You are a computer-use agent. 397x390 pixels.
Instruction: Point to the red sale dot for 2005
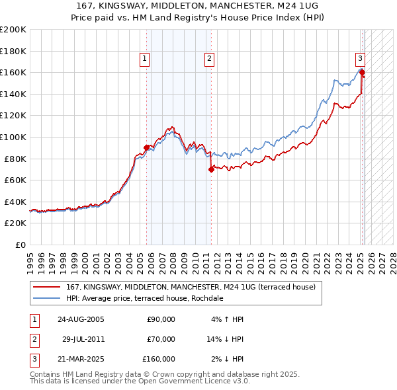tap(146, 147)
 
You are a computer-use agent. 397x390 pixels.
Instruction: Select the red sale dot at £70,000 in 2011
tap(211, 169)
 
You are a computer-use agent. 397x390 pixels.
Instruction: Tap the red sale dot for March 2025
tap(362, 72)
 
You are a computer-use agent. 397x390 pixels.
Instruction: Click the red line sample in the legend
tap(46, 287)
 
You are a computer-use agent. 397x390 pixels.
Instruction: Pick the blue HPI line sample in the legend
tap(46, 298)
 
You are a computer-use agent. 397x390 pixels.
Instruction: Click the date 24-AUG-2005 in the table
tap(81, 319)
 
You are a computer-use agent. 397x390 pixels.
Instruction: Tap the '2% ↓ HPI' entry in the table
tap(226, 359)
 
